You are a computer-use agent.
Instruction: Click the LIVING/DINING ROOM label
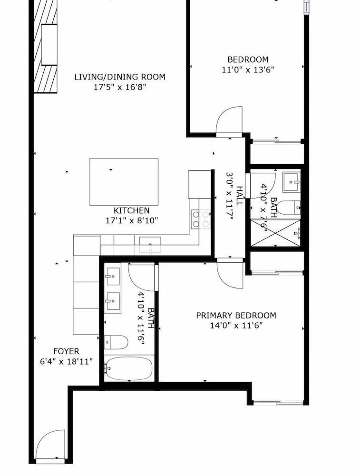(120, 77)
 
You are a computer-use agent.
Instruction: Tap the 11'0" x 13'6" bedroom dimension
(248, 70)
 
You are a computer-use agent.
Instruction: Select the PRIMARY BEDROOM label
(236, 316)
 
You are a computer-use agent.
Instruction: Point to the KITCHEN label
(131, 210)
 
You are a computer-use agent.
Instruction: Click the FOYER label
(66, 351)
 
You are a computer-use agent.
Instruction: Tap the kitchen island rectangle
(124, 182)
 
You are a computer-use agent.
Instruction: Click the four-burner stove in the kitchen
(201, 219)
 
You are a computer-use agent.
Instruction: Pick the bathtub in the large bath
(128, 368)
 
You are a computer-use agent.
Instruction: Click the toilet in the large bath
(116, 342)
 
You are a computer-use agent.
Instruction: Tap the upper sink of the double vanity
(112, 276)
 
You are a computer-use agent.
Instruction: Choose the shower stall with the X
(276, 233)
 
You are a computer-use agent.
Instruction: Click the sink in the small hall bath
(291, 182)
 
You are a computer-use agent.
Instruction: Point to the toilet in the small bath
(288, 208)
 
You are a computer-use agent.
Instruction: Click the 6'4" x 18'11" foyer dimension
(66, 362)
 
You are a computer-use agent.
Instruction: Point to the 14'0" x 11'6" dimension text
(236, 326)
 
